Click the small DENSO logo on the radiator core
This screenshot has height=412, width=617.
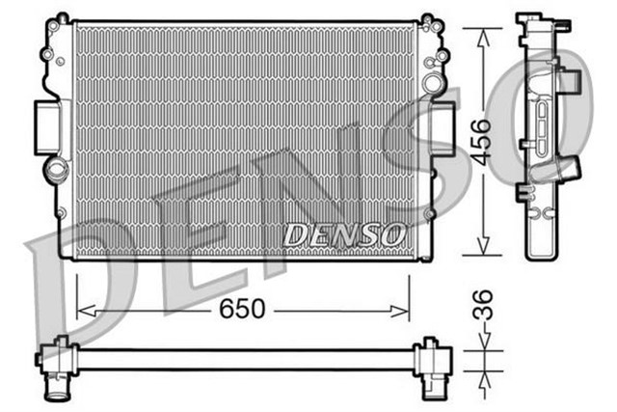coord(344,233)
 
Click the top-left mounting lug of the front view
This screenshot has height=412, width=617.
coord(63,19)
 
